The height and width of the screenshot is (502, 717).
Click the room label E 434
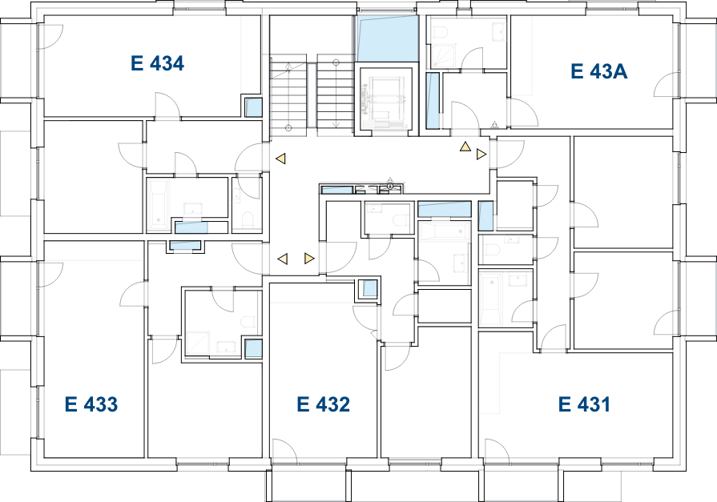tap(157, 64)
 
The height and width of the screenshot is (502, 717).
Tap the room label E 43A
tap(598, 72)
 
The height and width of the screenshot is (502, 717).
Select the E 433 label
tap(91, 405)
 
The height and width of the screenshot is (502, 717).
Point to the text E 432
tap(323, 405)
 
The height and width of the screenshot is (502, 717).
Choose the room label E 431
tap(584, 405)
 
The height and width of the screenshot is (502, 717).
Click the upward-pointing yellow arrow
tap(465, 147)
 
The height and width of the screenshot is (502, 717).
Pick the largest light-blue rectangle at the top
tap(388, 38)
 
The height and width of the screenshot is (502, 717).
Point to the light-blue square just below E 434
tap(254, 107)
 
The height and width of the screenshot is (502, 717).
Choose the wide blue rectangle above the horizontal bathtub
tap(444, 209)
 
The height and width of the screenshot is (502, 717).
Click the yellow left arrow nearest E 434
tap(280, 159)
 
